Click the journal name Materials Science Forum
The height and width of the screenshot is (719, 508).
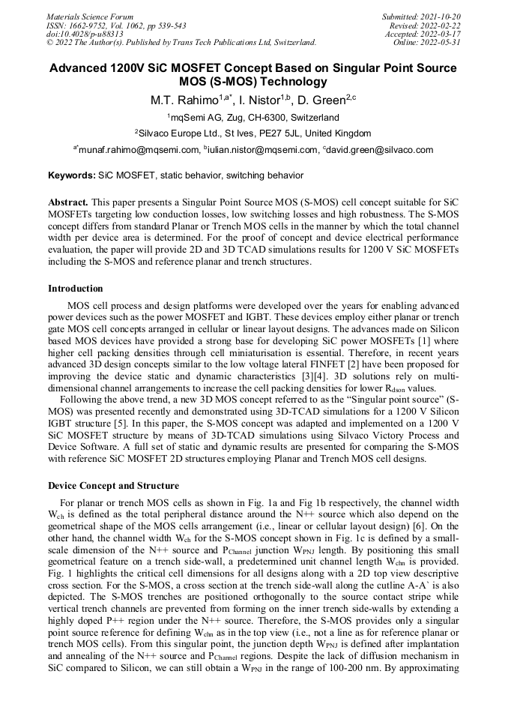(x=90, y=16)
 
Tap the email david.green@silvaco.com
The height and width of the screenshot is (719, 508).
(x=381, y=150)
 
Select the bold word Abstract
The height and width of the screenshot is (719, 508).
(x=68, y=202)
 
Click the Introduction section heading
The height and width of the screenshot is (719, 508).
(x=76, y=289)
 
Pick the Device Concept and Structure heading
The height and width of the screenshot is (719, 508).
(x=113, y=484)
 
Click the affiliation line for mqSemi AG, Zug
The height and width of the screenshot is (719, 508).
(x=253, y=118)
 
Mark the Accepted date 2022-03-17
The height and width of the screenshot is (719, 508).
(x=441, y=34)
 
